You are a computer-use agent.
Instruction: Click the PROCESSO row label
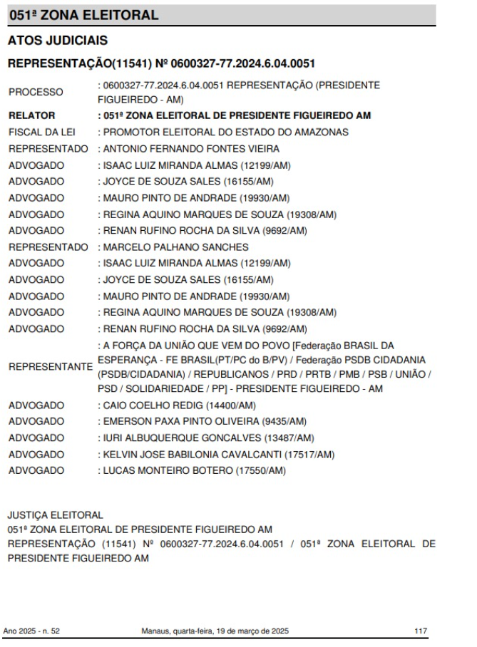click(x=36, y=93)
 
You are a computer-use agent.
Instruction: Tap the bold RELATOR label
click(x=32, y=115)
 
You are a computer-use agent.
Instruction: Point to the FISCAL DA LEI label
click(x=43, y=133)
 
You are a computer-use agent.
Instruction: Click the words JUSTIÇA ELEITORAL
click(x=56, y=514)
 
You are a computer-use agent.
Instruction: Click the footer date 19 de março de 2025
click(x=250, y=631)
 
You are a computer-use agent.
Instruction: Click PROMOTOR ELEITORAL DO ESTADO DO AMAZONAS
click(x=223, y=133)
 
